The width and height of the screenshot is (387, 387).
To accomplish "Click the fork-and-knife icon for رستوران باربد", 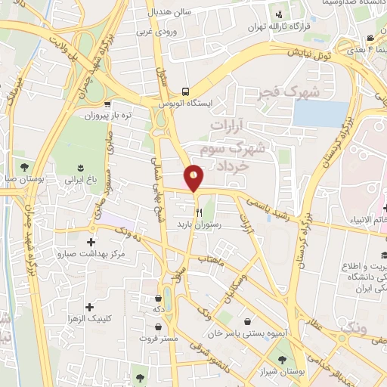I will [x=200, y=213].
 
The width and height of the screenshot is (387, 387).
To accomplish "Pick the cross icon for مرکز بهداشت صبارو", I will [x=92, y=243].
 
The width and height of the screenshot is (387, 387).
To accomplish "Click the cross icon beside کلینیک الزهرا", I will [x=91, y=307].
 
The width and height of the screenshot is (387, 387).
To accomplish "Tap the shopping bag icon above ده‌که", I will [x=158, y=298].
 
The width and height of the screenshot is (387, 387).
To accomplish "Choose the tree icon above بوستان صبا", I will [x=24, y=166].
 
